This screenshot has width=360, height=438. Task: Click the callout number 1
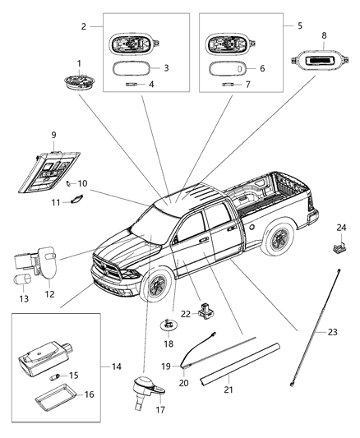79,63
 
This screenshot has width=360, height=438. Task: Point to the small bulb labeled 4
131,85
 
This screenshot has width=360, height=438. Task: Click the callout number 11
57,202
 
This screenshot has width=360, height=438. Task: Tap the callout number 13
22,298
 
